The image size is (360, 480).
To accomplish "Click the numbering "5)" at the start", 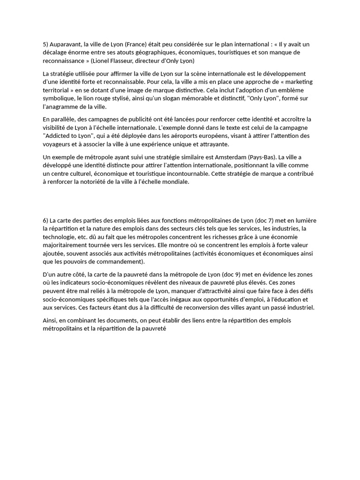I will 46,45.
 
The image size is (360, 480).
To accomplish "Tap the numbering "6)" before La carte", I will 46,220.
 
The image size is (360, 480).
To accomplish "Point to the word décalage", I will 56,52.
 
